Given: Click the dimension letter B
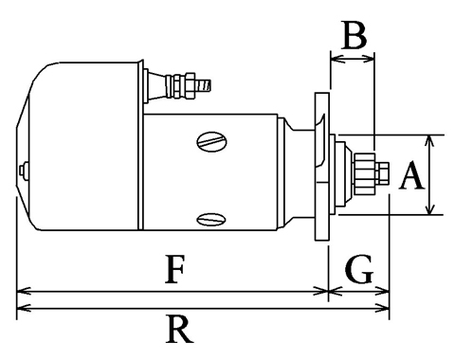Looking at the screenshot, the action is (355, 35).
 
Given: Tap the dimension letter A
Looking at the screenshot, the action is (411, 175).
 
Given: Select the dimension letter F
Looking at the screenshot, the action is (174, 269).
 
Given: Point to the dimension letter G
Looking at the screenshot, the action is (359, 268).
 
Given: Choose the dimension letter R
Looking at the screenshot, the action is (179, 330).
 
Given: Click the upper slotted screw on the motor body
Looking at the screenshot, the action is (211, 141).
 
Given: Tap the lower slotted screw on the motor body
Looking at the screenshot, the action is (211, 219).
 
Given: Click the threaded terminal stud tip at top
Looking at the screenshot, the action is (204, 85).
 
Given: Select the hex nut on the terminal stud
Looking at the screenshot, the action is (190, 85).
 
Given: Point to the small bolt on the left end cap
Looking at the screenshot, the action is (24, 171).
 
